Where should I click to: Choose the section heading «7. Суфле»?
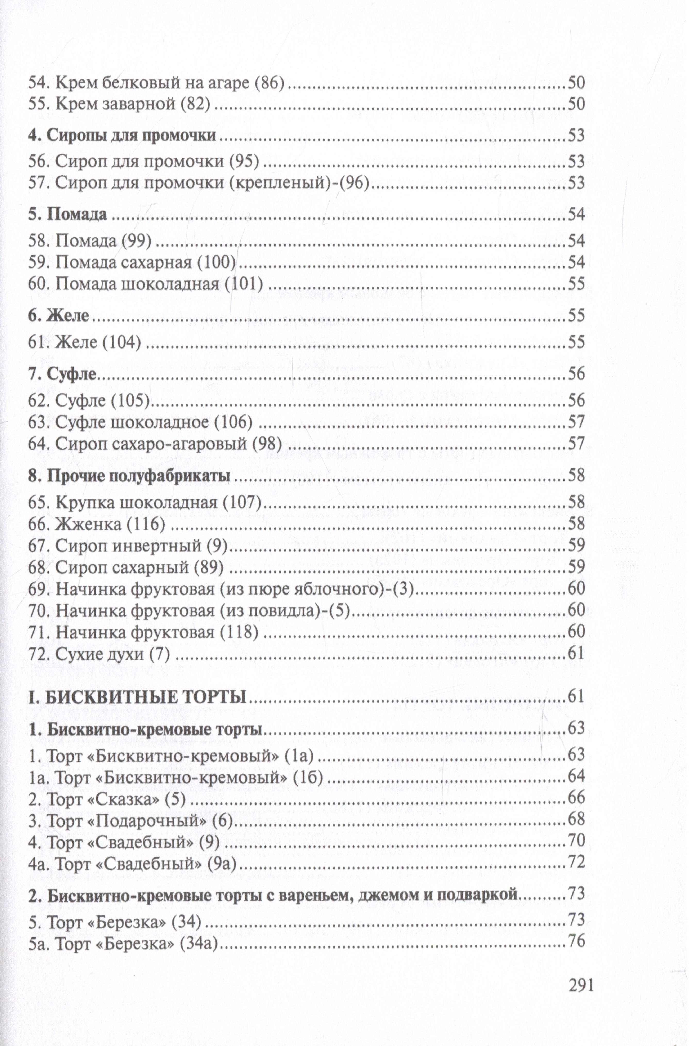point(62,374)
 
